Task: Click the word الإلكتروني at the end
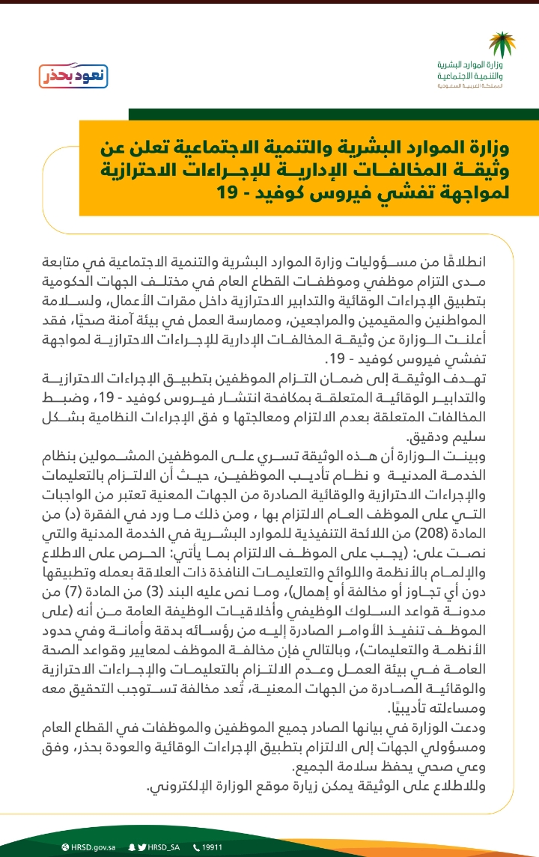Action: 180,786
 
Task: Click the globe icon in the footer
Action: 67,847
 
